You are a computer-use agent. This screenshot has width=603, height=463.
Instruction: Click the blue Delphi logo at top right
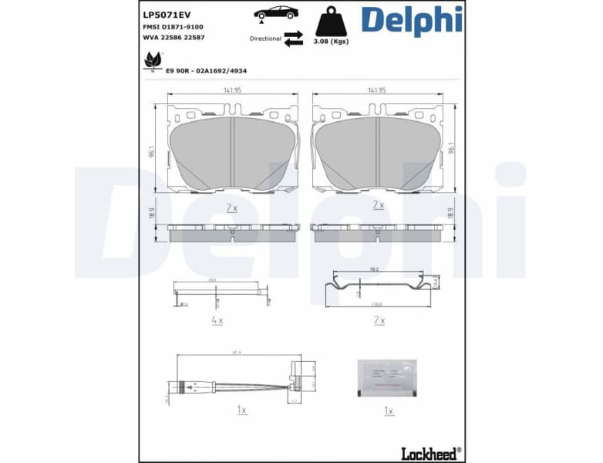click(x=412, y=21)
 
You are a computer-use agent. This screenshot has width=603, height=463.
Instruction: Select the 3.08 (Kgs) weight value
click(x=331, y=42)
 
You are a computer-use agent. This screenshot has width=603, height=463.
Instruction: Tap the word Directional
click(x=265, y=38)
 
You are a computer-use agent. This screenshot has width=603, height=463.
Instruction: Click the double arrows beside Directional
click(x=293, y=39)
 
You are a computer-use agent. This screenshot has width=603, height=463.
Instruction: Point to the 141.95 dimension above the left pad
click(x=232, y=90)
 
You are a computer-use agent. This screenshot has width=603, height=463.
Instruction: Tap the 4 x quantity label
click(x=217, y=319)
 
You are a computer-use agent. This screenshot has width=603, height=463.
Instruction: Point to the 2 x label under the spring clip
click(x=379, y=319)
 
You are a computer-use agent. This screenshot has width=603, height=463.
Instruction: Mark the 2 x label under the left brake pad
click(x=232, y=208)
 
